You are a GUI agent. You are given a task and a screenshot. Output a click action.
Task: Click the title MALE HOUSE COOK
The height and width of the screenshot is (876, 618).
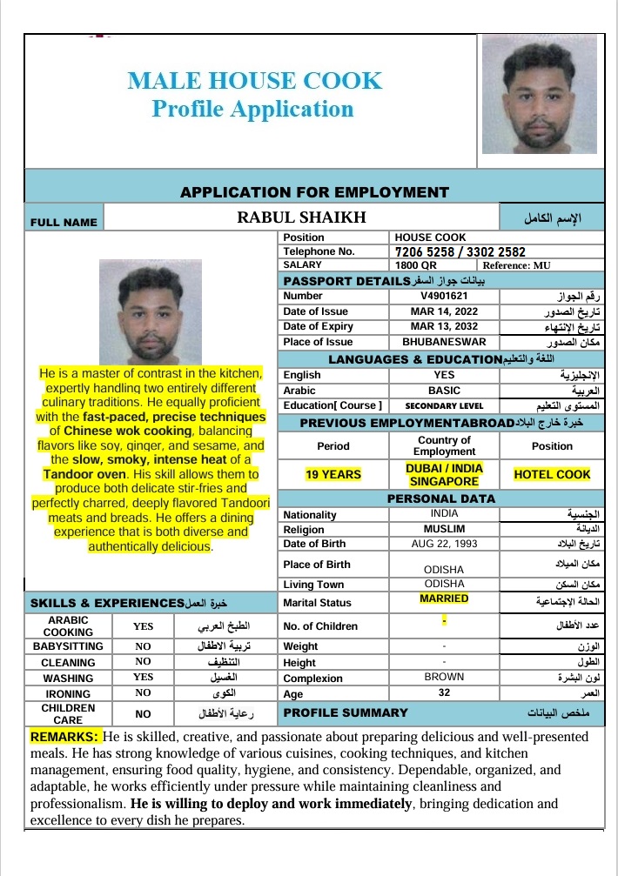click(x=254, y=81)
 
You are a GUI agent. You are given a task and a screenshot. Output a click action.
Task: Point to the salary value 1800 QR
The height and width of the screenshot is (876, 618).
click(x=416, y=265)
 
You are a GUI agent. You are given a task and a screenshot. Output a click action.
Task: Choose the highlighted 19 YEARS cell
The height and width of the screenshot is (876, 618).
click(x=333, y=475)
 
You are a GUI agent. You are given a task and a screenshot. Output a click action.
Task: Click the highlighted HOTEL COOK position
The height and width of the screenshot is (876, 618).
click(x=552, y=475)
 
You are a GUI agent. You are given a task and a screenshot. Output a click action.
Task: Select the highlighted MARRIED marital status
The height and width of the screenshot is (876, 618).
click(x=444, y=598)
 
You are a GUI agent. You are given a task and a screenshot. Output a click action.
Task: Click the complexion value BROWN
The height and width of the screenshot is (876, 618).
click(x=444, y=677)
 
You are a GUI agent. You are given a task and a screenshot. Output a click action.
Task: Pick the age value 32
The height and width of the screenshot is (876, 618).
click(x=444, y=693)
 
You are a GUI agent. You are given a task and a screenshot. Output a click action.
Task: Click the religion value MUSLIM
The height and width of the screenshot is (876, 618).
click(x=444, y=529)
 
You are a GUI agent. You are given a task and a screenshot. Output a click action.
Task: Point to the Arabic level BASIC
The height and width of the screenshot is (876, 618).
click(x=444, y=391)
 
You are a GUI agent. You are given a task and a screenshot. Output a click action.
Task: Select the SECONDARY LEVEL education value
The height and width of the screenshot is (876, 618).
click(x=444, y=406)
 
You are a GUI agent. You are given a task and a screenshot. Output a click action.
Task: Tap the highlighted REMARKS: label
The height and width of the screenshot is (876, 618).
click(x=65, y=737)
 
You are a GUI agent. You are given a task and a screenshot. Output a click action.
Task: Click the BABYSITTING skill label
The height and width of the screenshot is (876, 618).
click(x=68, y=646)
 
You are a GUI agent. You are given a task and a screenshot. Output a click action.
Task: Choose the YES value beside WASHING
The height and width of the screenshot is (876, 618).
click(x=144, y=677)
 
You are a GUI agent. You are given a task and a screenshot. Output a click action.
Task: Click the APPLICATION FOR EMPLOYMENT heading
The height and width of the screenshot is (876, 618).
click(x=314, y=192)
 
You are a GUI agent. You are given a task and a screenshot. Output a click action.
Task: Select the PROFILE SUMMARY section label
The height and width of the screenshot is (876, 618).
click(x=346, y=712)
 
